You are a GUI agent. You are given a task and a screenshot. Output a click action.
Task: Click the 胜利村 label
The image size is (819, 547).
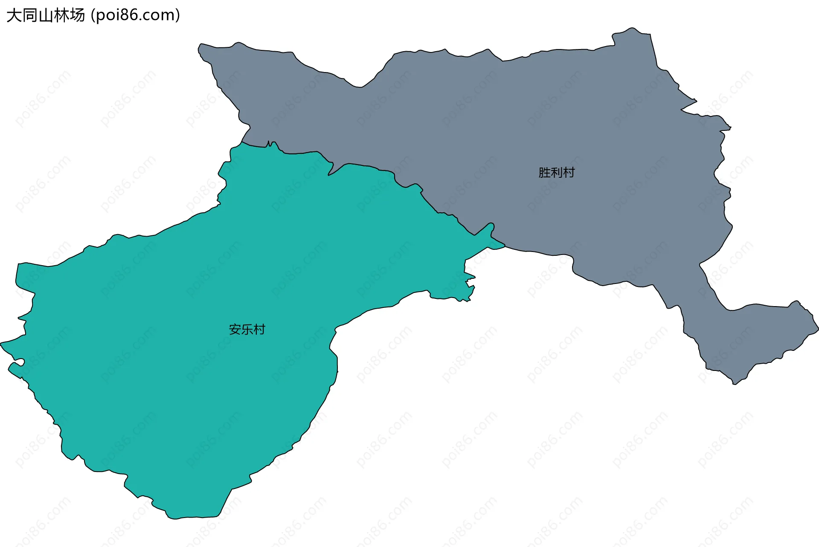556,173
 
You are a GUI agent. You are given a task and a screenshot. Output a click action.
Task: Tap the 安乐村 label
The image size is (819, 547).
247,330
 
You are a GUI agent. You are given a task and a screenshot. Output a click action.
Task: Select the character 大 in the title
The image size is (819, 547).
14,16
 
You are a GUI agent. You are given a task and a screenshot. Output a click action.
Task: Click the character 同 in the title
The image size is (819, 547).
30,16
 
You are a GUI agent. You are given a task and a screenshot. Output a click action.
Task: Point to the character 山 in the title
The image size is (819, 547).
46,16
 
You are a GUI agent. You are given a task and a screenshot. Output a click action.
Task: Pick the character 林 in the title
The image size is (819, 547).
61,16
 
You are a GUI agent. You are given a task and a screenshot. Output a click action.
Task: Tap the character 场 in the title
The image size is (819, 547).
77,16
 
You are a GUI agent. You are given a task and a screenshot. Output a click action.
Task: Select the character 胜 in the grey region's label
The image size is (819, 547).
544,173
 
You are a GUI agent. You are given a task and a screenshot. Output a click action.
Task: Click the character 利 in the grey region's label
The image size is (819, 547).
556,173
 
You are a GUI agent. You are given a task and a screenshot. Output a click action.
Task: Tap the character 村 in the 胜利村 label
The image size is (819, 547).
569,173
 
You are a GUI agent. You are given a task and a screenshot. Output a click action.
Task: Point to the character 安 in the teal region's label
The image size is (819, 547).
235,330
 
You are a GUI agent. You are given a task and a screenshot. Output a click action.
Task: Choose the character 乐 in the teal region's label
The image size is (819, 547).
247,330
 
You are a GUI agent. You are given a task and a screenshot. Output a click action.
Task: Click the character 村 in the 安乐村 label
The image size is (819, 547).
259,330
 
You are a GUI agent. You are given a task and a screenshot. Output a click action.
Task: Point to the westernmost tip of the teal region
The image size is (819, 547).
3,343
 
